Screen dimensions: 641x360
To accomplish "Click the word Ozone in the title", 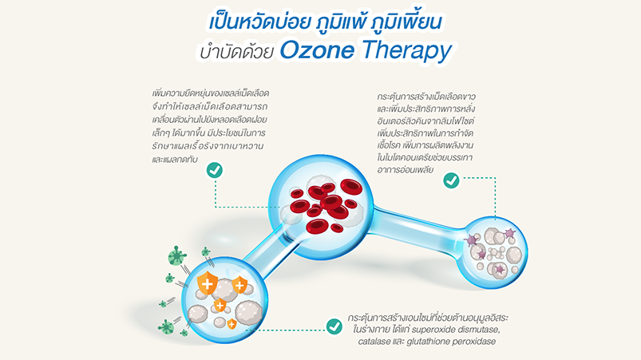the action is (317, 50).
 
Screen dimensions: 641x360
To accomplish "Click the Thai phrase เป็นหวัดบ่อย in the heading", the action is (259, 22).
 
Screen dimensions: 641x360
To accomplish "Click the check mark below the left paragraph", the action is (215, 170).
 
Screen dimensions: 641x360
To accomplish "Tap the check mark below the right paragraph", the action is (451, 180).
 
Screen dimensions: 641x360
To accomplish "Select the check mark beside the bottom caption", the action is (334, 326).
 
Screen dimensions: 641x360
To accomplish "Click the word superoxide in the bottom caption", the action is (433, 330).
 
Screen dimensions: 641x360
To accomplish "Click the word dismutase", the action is (478, 330).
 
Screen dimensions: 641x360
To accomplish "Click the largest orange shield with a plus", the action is (208, 283).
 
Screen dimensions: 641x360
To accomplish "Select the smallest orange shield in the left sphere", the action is (231, 324).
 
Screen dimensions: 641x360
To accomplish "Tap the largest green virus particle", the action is (177, 256).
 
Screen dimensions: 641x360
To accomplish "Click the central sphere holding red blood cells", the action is (321, 208).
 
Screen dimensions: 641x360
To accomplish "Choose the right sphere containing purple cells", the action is (492, 252).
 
